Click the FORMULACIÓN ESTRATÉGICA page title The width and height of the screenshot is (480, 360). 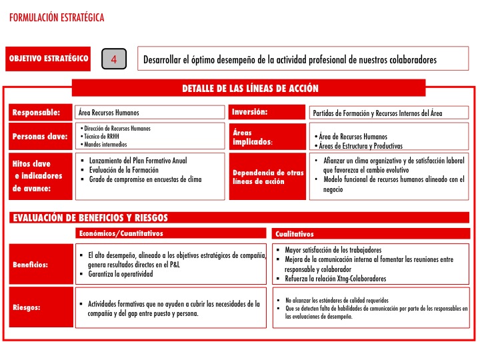57,19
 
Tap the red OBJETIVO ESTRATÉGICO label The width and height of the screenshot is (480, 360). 49,59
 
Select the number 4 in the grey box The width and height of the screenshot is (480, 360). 114,59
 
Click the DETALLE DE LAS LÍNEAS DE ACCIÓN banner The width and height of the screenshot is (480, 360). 250,89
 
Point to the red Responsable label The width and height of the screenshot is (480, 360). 37,112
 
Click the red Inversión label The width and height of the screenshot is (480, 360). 250,112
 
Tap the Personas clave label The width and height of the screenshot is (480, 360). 40,137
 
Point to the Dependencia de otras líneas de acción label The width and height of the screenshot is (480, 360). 258,177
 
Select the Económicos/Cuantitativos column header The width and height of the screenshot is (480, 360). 121,233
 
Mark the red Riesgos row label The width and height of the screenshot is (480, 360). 27,308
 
